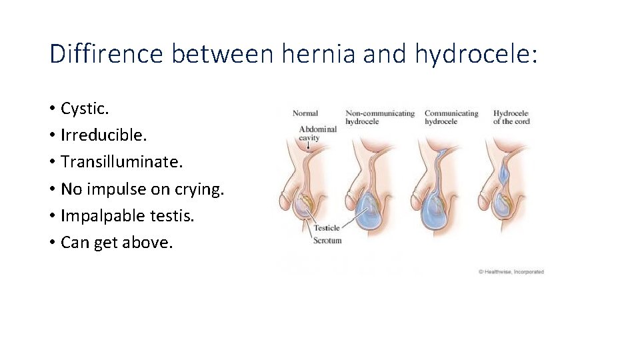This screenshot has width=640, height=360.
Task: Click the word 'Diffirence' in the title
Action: coord(106,54)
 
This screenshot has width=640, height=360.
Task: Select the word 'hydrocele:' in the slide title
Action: coord(476,54)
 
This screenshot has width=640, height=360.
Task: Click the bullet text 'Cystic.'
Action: coord(85,108)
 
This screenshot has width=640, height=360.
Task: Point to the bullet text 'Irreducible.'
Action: coord(103,135)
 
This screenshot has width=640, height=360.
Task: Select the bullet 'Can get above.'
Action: coord(117,243)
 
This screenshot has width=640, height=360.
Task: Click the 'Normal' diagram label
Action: coord(305,113)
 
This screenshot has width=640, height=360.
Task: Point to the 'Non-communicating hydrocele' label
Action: coord(380,117)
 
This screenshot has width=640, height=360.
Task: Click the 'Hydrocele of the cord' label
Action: coord(511,117)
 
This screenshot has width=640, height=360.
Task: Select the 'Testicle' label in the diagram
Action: coord(327,228)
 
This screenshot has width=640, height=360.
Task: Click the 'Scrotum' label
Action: coord(327,240)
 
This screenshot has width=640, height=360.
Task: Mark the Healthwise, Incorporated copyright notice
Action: coord(511,271)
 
